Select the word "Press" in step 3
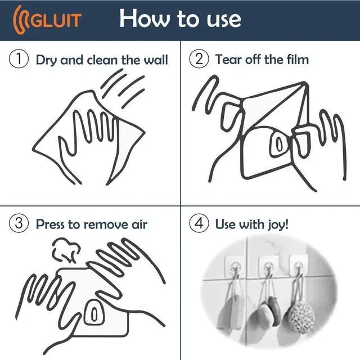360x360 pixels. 51,224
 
